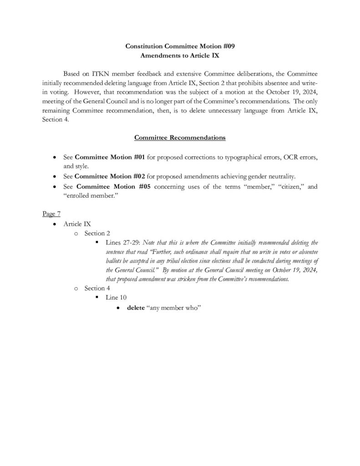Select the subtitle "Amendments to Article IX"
(x=180, y=54)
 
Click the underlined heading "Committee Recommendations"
(x=180, y=137)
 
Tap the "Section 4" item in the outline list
(x=97, y=288)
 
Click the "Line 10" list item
(x=116, y=297)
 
